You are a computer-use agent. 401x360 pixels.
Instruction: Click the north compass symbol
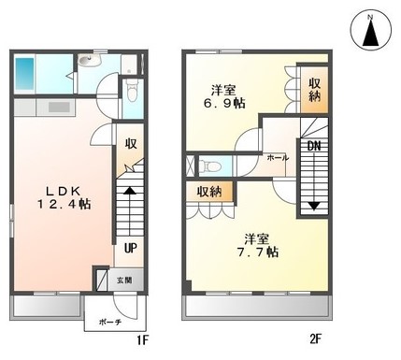click(370, 31)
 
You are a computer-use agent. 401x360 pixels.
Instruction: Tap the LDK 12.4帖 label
click(64, 197)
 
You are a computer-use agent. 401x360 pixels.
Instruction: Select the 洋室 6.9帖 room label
click(224, 96)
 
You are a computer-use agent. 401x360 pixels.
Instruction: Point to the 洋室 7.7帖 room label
click(257, 246)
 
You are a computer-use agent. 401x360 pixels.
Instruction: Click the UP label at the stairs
click(131, 248)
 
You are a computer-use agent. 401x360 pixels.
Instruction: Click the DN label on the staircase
click(314, 146)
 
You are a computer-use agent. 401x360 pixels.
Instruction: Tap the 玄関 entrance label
click(124, 280)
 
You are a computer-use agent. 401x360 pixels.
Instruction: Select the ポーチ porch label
click(110, 322)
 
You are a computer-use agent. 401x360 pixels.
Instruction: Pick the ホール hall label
click(278, 158)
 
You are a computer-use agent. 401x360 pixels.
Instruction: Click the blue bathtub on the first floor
click(24, 74)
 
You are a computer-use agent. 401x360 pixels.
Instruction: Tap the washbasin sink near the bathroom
click(89, 60)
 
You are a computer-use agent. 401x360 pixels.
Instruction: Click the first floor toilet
click(133, 90)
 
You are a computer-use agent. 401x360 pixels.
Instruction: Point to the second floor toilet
click(210, 166)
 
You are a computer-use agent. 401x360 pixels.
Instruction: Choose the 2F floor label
click(315, 338)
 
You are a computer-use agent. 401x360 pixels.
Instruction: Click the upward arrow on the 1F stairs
click(130, 190)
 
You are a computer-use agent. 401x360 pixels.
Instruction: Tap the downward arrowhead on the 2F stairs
click(314, 206)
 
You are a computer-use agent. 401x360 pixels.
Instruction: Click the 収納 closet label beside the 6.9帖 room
click(314, 90)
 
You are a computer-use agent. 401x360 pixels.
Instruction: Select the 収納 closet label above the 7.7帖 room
click(209, 192)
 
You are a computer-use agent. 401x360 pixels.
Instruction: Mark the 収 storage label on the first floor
click(131, 143)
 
